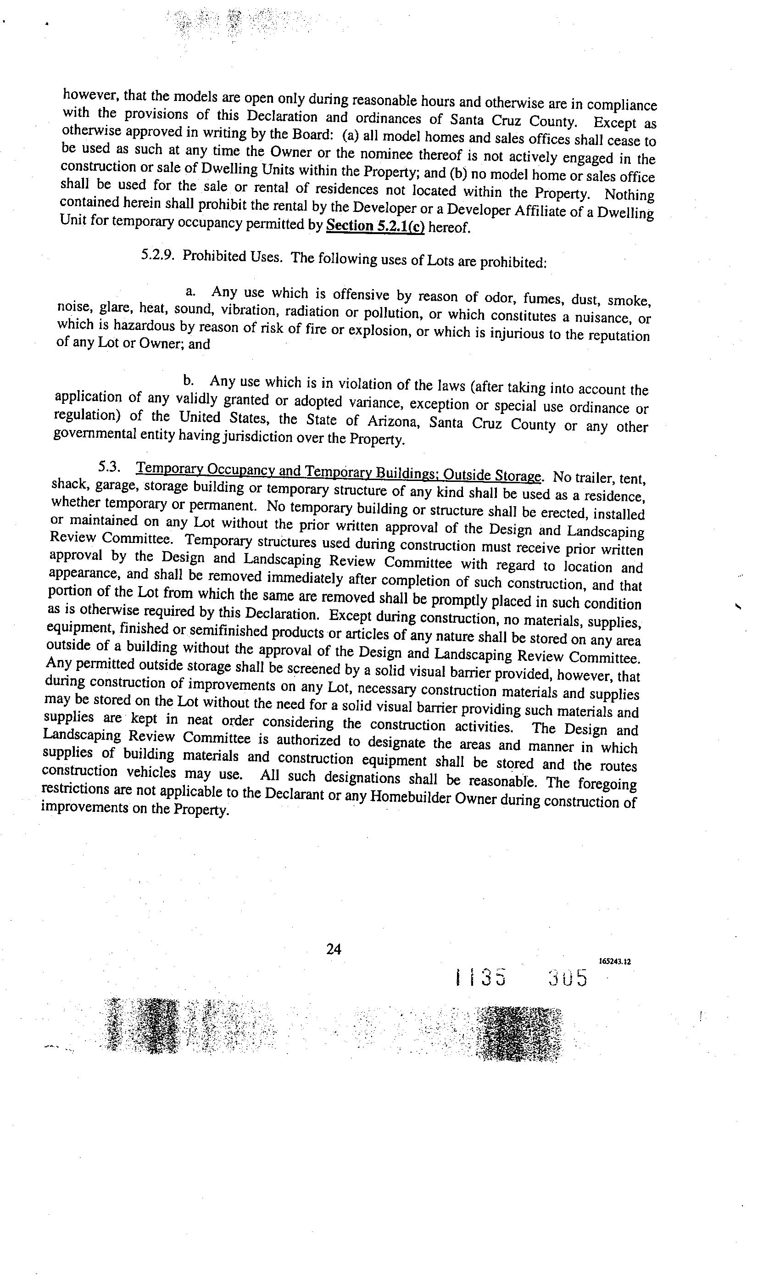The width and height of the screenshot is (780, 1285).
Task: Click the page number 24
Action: pos(333,949)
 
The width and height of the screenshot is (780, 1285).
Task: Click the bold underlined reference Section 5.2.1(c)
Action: pos(375,226)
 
